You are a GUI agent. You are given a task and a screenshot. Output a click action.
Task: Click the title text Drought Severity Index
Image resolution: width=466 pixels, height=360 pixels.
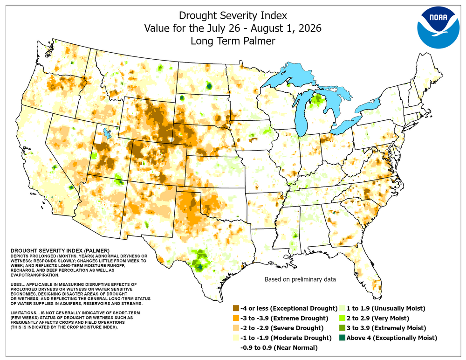click(x=233, y=15)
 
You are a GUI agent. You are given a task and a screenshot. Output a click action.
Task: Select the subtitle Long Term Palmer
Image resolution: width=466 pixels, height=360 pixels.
click(x=233, y=41)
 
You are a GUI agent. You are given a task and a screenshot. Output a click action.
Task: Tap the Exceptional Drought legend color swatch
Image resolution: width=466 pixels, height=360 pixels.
click(x=236, y=308)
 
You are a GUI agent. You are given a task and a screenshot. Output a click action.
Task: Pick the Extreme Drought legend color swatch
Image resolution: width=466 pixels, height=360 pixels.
click(x=236, y=318)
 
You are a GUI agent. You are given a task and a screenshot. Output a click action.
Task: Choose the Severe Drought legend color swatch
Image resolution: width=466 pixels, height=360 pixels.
click(x=236, y=328)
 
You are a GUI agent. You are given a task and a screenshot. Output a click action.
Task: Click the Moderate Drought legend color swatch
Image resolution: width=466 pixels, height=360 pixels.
click(x=236, y=338)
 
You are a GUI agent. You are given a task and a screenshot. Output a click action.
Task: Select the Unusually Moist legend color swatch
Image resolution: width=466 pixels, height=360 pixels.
click(x=342, y=308)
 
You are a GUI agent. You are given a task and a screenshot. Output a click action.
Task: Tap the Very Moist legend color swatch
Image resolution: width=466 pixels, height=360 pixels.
click(x=342, y=318)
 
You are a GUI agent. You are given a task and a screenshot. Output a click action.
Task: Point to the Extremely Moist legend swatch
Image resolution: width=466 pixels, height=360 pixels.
click(x=342, y=328)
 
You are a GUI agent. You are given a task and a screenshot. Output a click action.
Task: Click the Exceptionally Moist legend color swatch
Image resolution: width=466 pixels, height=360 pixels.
click(x=342, y=338)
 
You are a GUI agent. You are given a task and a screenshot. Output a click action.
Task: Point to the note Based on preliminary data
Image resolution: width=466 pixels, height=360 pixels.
click(x=300, y=279)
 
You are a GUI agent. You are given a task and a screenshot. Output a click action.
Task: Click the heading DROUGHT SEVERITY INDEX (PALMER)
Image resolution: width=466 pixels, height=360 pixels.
click(x=60, y=251)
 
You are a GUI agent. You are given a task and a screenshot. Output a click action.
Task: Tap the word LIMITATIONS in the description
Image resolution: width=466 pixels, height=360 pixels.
click(x=23, y=313)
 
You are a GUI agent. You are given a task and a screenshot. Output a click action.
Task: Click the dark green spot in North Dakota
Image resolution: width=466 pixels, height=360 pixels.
click(x=209, y=86)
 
